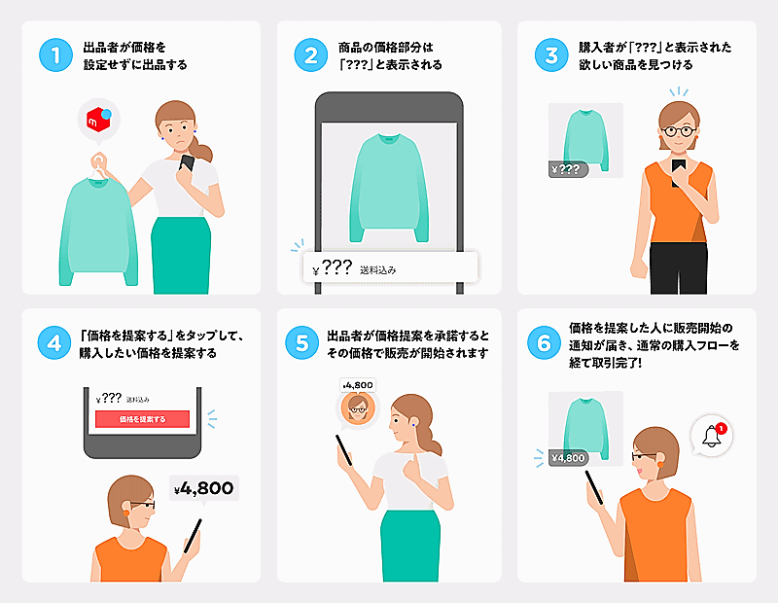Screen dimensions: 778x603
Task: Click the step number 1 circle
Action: [x=56, y=55]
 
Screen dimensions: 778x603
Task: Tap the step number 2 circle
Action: [x=311, y=55]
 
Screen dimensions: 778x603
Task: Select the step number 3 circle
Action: [x=551, y=55]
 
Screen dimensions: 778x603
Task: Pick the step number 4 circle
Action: [x=54, y=343]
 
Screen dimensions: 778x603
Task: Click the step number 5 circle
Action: [x=301, y=343]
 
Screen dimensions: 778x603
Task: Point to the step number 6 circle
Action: [x=544, y=343]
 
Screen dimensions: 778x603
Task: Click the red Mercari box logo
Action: [x=98, y=120]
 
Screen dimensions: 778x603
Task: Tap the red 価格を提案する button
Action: [x=142, y=419]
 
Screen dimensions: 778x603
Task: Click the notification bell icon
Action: [x=711, y=437]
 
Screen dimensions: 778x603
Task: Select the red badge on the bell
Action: [x=721, y=428]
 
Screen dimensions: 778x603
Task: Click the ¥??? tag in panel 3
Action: [x=568, y=169]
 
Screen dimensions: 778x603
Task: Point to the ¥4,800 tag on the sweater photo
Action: [x=569, y=457]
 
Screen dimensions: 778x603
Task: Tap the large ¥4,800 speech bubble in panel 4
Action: [x=204, y=488]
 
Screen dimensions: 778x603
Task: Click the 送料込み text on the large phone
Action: [x=378, y=270]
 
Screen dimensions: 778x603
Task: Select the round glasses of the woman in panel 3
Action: [x=679, y=131]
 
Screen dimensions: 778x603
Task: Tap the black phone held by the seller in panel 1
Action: [x=187, y=162]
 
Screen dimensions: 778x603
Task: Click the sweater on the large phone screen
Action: [x=389, y=188]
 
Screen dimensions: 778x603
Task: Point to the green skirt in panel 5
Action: [x=410, y=546]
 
